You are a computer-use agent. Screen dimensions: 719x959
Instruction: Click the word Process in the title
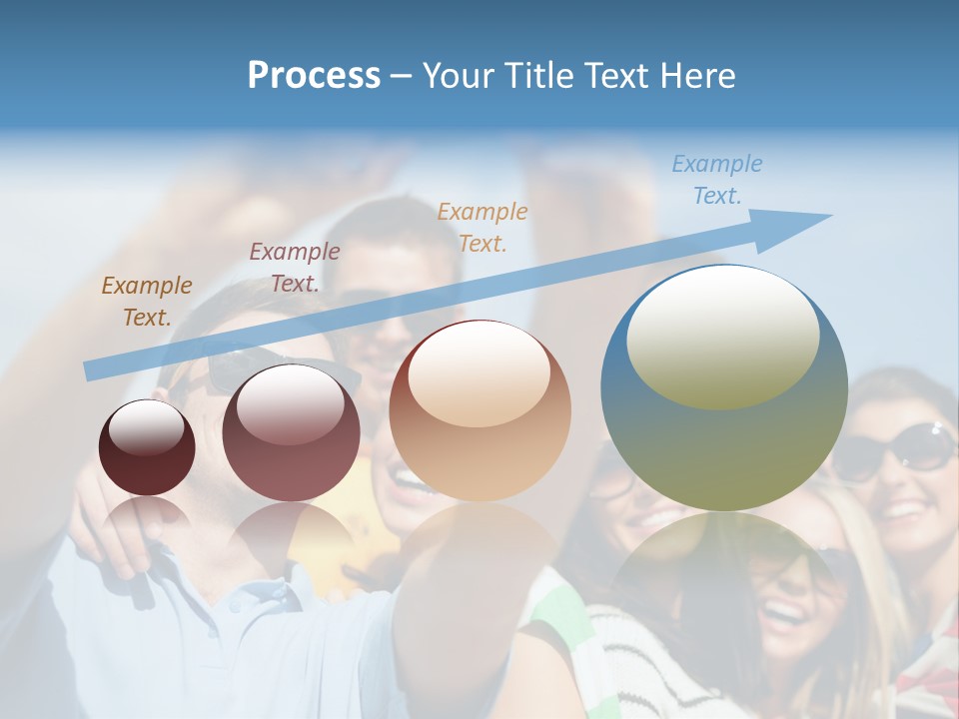point(314,76)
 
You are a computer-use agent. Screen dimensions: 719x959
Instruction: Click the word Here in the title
point(698,76)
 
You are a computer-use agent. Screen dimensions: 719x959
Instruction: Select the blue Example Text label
point(716,180)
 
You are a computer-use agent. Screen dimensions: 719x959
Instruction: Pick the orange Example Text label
point(482,227)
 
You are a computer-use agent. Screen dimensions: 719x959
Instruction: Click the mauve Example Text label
point(295,268)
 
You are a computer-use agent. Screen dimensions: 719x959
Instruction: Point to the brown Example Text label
point(146,301)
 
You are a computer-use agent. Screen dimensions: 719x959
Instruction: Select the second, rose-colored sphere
point(291,433)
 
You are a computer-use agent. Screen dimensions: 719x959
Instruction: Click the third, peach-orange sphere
point(479,411)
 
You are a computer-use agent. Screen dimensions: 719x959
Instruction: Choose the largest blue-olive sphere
point(724,388)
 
